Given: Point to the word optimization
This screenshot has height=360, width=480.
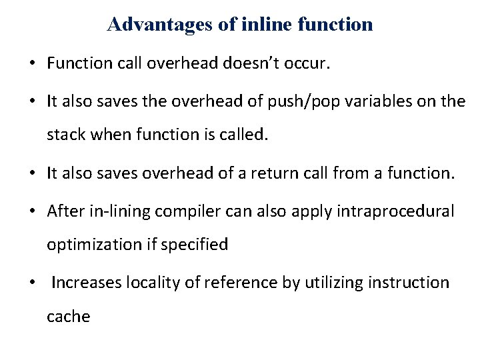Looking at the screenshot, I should coord(94,245).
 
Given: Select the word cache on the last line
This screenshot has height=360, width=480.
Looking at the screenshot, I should coord(68,317).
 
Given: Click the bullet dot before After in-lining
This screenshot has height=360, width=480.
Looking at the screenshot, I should coord(31,212).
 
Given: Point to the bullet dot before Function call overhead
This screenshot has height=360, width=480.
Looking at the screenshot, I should coord(31,64).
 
